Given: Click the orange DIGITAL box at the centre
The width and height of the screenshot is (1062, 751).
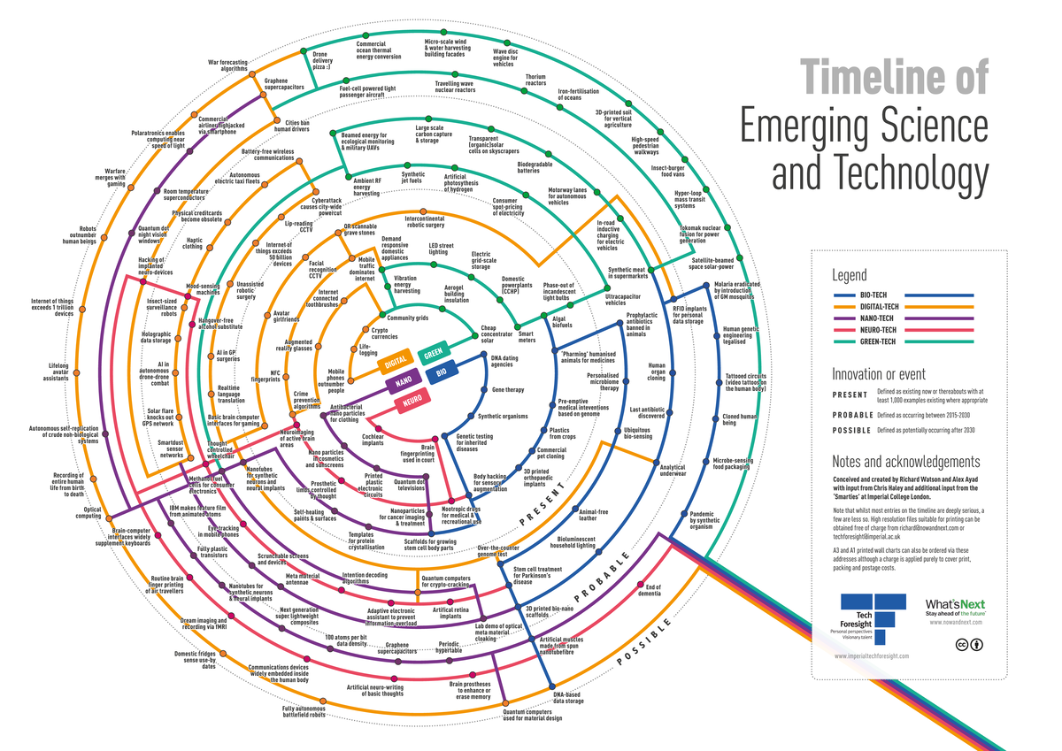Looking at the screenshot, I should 396,362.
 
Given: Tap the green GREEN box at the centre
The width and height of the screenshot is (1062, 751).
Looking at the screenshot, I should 434,353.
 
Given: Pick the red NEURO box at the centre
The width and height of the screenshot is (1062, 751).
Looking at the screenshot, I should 411,402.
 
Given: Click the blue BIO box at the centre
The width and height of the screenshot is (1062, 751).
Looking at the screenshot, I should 440,374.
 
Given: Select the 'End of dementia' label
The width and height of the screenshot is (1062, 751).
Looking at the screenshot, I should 653,590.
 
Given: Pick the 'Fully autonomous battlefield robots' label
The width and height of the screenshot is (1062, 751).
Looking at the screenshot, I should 304,712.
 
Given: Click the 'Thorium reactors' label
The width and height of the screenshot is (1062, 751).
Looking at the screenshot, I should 535,80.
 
